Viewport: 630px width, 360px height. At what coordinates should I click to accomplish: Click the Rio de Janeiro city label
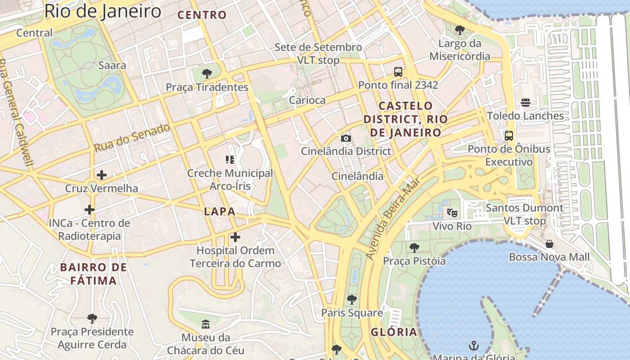pos(103,11)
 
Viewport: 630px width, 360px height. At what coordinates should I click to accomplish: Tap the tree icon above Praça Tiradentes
pos(207,74)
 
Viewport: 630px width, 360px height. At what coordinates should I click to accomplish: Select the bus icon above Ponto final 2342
pos(398,72)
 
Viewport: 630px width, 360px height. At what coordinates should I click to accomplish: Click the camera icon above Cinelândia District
pos(346,138)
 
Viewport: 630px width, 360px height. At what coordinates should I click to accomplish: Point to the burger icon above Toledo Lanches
pos(525,103)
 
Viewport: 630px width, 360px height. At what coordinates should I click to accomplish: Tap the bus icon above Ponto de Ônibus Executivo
pos(509,135)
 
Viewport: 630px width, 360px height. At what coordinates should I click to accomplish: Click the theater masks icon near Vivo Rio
pos(452,212)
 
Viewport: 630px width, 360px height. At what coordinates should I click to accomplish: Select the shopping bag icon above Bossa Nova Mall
pos(549,244)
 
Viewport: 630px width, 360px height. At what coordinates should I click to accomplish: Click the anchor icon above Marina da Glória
pos(473,346)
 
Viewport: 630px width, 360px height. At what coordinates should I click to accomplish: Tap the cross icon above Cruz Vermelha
pos(102,175)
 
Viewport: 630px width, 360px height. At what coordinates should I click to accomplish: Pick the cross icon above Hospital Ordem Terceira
pos(235,237)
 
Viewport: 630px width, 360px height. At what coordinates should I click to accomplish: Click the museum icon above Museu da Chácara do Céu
pos(206,324)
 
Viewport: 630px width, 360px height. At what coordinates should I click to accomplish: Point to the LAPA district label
pos(220,211)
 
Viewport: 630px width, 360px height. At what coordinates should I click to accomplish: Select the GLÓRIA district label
pos(394,333)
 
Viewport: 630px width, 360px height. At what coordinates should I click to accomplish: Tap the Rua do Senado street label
pos(132,137)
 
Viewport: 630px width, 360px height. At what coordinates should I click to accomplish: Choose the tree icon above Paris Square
pos(352,299)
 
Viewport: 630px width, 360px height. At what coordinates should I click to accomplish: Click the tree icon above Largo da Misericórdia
pos(459,30)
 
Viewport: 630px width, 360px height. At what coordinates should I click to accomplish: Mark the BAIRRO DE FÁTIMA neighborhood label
pos(94,274)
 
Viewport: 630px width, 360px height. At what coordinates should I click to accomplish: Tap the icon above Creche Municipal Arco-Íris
pos(230,159)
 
